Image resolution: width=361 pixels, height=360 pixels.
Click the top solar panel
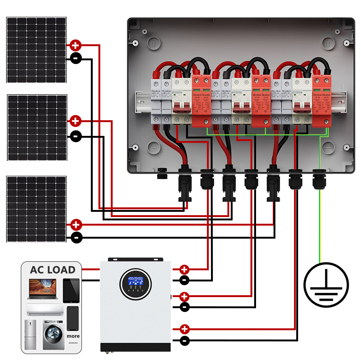[36, 50]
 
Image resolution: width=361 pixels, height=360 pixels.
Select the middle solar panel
[37, 128]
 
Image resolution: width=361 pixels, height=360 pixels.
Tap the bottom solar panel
[36, 209]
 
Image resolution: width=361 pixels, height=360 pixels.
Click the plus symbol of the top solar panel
[75, 46]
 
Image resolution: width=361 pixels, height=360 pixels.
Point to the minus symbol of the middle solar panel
[75, 136]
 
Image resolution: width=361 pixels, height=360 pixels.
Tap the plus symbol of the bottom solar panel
[76, 225]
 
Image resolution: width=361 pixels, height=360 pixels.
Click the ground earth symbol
[326, 284]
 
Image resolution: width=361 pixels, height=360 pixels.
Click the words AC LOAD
[52, 270]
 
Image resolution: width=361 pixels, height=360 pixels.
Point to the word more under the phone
[73, 336]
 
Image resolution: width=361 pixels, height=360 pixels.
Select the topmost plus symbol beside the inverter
[184, 269]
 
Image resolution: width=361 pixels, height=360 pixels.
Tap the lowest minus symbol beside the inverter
[185, 340]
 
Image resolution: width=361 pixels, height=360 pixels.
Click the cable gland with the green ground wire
[320, 178]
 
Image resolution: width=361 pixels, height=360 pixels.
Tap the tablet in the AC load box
[71, 290]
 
